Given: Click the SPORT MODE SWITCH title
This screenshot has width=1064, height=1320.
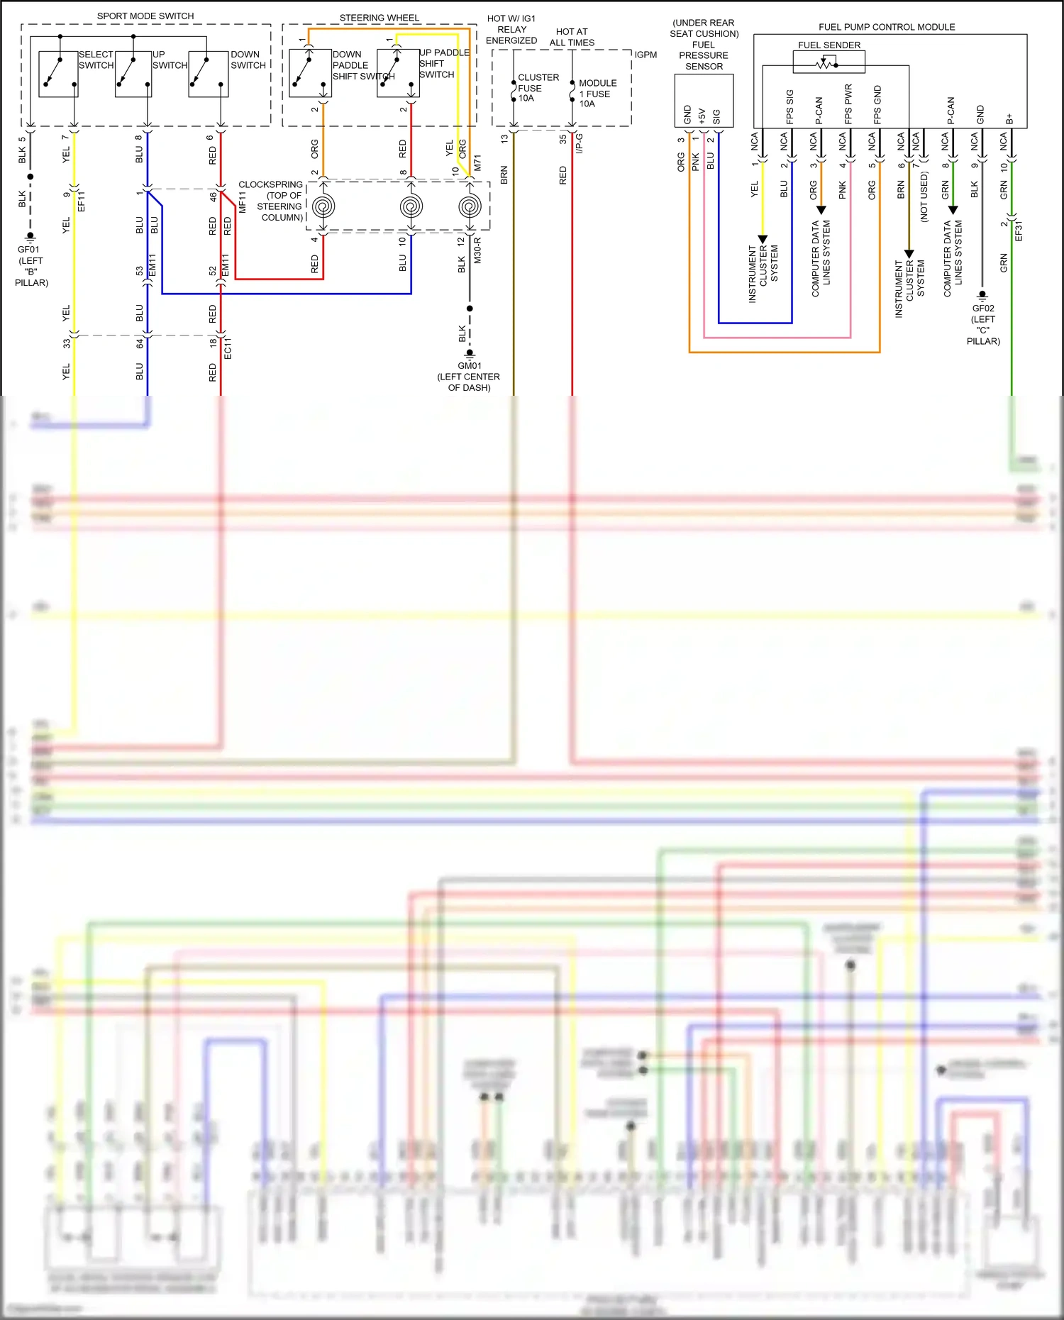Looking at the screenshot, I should click(145, 16).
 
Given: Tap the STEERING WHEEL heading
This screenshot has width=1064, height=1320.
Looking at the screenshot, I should click(379, 18).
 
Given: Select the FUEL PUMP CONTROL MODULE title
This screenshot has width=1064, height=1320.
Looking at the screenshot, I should click(887, 27).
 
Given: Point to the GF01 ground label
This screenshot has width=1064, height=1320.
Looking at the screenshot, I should click(29, 250).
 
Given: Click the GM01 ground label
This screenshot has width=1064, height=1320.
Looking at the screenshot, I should click(469, 366).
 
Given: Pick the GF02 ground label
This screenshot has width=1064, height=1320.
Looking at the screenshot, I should click(983, 309).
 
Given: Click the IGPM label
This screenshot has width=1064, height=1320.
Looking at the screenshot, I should click(645, 55).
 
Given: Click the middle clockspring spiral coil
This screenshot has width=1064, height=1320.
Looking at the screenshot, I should click(411, 206).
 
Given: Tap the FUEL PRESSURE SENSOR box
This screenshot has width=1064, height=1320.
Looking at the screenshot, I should click(704, 101).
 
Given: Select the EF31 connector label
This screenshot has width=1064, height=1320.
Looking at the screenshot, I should click(1019, 231).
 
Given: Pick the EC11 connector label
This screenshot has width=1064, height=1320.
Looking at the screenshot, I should click(228, 348).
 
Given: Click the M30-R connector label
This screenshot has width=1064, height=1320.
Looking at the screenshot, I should click(477, 250).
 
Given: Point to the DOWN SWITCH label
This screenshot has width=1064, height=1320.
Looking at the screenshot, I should click(248, 60).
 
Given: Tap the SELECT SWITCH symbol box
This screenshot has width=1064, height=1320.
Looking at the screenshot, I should click(58, 74).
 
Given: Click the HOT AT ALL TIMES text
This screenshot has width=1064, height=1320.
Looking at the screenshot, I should click(572, 37).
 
